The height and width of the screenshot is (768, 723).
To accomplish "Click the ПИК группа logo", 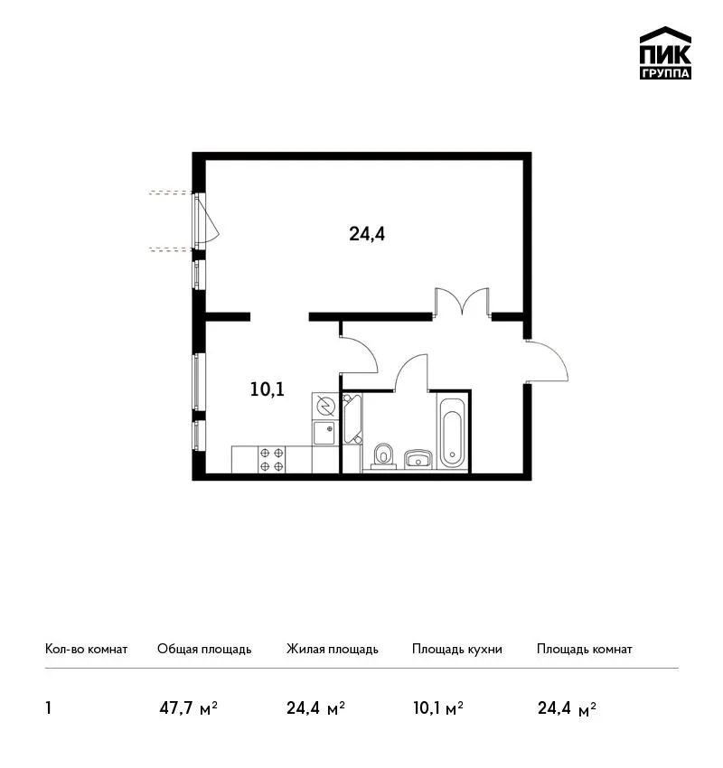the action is point(665,53).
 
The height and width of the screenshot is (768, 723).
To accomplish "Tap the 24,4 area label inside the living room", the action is point(367,234).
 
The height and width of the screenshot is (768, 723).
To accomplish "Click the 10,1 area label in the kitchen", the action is point(267,389).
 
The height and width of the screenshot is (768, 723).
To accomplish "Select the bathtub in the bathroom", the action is point(452,434).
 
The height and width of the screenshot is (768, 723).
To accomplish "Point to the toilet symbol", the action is point(383,456).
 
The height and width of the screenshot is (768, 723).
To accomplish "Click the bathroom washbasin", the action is point(418,459).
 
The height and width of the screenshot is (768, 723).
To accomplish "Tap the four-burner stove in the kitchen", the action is point(271,459).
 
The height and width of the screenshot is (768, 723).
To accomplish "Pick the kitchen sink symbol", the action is point(324,433).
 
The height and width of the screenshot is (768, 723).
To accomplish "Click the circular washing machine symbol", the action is point(324,405).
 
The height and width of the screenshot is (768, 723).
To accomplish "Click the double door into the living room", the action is point(462,301).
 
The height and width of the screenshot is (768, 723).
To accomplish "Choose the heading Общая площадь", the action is point(204,649).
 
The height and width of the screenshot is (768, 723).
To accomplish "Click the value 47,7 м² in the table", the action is point(189,708).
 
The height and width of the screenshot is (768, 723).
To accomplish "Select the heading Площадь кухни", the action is point(457,649).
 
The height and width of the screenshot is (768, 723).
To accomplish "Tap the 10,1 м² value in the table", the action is point(438,708).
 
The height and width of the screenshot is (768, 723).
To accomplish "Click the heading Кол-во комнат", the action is point(86,649).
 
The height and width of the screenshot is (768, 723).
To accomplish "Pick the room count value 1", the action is point(48,708).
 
